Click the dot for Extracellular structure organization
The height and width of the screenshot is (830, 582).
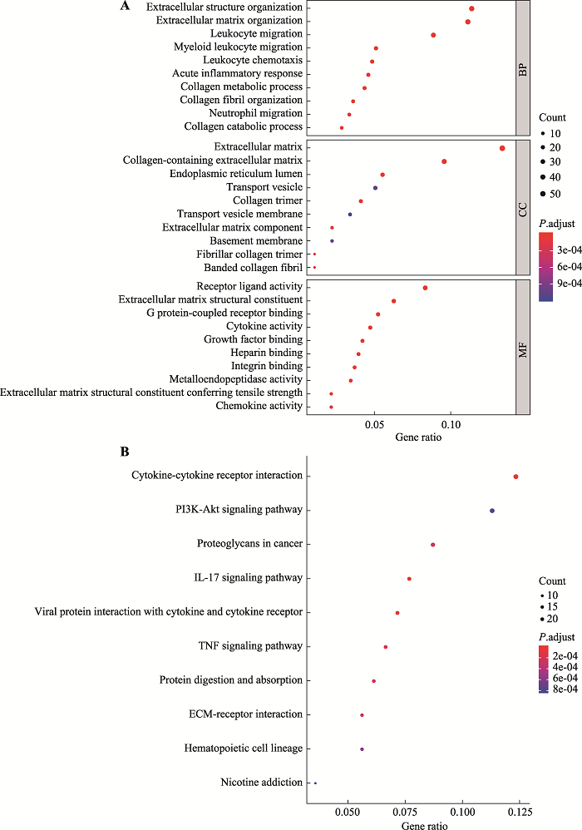pos(471,8)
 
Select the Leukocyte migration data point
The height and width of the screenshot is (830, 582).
pos(433,35)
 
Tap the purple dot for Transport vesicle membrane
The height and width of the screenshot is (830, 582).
pos(350,215)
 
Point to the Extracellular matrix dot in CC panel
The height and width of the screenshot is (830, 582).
pos(502,148)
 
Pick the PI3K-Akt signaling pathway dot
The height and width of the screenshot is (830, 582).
pos(492,511)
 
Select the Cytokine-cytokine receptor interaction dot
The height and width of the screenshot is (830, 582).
pos(516,477)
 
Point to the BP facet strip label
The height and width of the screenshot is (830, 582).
pos(523,68)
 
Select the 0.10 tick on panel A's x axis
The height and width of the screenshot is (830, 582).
pos(451,423)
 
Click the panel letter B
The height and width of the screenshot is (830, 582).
pos(125,452)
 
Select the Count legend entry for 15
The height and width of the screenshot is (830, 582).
pos(552,607)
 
